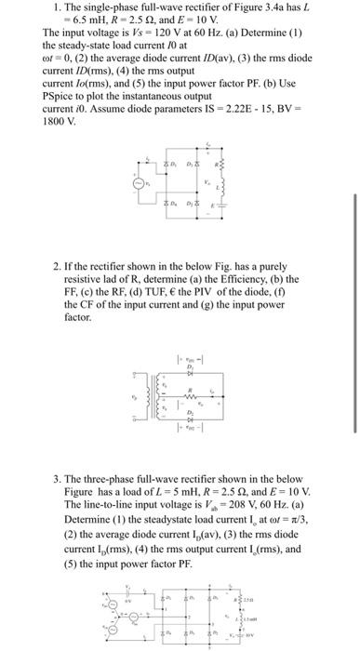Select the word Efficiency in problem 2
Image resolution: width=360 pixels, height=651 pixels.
click(x=228, y=278)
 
